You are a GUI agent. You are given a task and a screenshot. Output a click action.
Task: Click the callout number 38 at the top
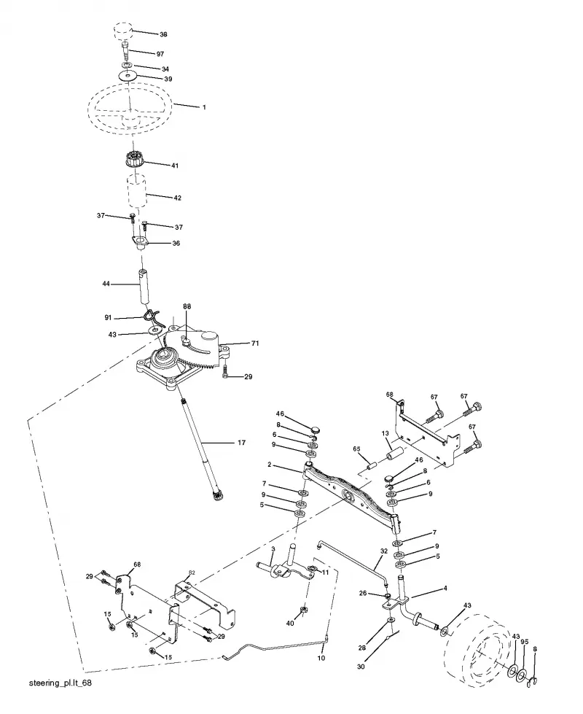pos(163,34)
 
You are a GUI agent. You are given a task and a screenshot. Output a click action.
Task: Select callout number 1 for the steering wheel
pos(204,107)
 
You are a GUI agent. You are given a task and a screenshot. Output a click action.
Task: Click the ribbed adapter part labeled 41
pos(134,160)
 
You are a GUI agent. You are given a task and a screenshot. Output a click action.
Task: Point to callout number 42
pos(178,198)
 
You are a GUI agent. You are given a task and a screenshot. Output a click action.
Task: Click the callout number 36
pos(176,243)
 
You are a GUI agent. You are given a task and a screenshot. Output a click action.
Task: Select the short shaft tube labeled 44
pos(144,285)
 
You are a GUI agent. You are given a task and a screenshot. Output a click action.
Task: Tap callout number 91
pos(108,317)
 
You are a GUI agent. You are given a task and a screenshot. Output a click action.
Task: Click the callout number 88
pos(187,306)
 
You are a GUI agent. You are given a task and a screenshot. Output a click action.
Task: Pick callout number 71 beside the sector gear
pos(255,343)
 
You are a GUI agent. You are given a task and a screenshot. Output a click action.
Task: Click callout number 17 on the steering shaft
pos(242,442)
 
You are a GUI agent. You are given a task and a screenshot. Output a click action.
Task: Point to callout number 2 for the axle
pos(270,465)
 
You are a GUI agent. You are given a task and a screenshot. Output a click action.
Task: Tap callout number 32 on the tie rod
pos(383,551)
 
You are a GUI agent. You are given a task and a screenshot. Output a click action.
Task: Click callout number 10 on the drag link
pos(321,658)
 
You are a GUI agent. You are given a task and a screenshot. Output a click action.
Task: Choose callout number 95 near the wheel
pos(524,642)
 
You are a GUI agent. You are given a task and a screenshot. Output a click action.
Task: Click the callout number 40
pos(290,624)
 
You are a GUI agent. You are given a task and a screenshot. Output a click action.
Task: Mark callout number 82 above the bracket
pos(192,573)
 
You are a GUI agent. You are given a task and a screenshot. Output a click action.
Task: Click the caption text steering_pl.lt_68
pos(60,683)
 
